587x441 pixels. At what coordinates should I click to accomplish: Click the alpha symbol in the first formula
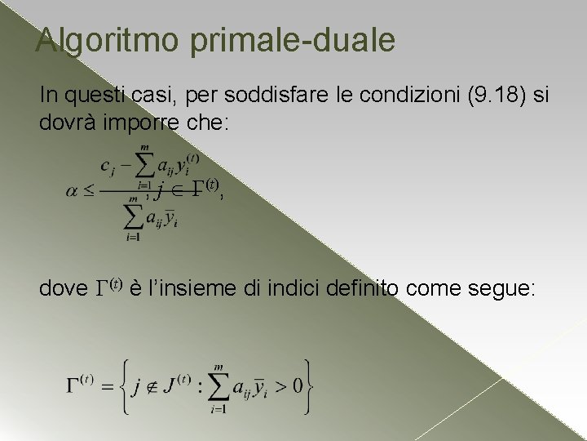pos(73,192)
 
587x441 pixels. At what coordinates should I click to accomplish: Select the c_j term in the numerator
pos(107,166)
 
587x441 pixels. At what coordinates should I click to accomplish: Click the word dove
pos(63,288)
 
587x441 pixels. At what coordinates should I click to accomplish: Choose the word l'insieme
pos(184,288)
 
